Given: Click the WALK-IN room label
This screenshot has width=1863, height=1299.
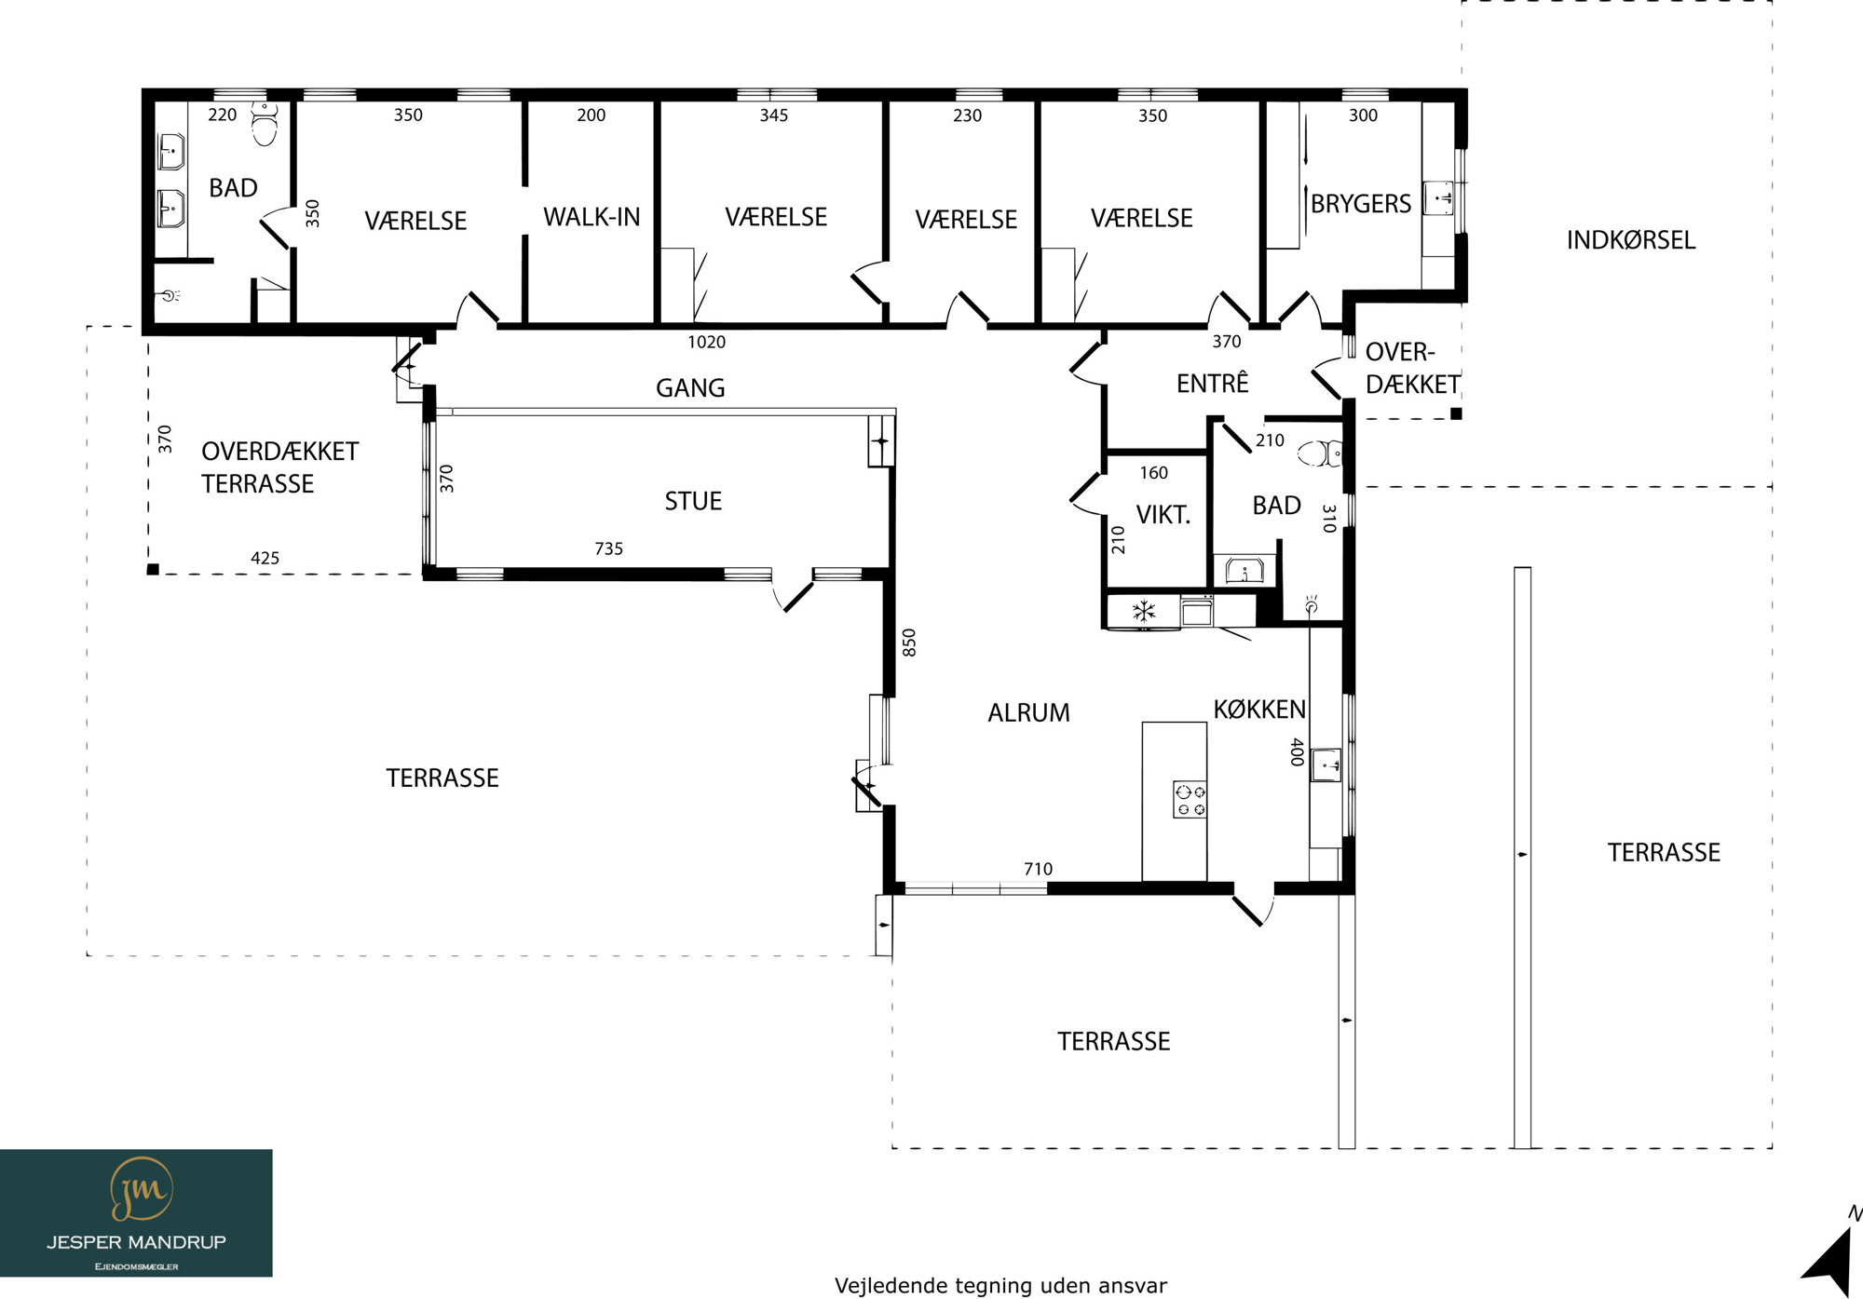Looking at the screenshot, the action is click(x=592, y=217).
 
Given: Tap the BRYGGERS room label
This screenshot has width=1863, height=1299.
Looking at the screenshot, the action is click(x=1361, y=204).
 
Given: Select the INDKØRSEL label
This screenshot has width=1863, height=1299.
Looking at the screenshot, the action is click(x=1631, y=240).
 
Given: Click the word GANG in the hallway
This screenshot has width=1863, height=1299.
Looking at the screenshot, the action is click(x=690, y=388).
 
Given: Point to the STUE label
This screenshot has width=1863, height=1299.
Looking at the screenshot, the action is click(x=693, y=502).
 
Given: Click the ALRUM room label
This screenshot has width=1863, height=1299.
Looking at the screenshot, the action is click(x=1028, y=713).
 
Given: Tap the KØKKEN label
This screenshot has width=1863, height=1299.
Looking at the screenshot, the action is click(x=1259, y=710).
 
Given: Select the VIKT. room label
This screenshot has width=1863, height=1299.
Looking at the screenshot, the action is click(x=1163, y=515).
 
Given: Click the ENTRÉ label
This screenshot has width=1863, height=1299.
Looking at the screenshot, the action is click(x=1212, y=382).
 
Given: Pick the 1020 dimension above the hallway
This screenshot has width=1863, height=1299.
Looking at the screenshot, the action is click(x=706, y=343).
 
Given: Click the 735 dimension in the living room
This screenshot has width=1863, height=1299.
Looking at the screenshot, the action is click(x=608, y=549).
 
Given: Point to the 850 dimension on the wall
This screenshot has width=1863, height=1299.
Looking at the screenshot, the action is click(x=909, y=643).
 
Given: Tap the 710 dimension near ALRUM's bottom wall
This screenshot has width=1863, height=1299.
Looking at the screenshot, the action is click(x=1038, y=870).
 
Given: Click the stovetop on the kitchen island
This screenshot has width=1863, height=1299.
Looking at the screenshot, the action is click(x=1190, y=800).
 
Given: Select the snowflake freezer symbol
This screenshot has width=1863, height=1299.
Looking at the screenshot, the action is click(x=1143, y=611).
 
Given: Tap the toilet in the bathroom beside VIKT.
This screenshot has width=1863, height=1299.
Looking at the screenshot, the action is click(x=1319, y=453).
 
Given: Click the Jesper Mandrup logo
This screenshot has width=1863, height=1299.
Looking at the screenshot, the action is click(x=136, y=1212).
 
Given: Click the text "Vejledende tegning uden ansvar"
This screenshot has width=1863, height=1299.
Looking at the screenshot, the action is click(x=1000, y=1286).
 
